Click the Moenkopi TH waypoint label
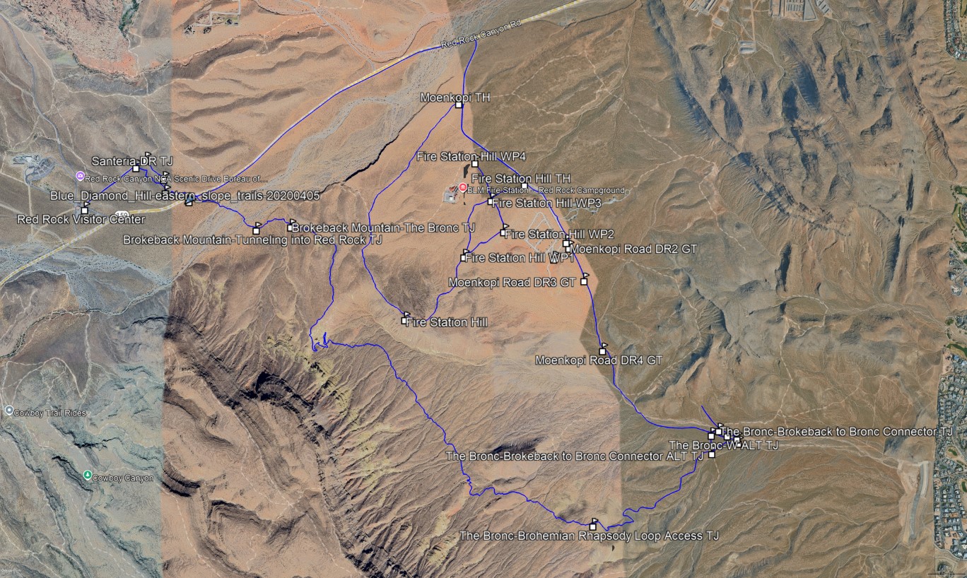pos(455,97)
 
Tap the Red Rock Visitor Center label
pos(81,220)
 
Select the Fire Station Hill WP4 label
pos(472,156)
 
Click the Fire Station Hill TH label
pos(520,179)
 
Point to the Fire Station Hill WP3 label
pos(546,204)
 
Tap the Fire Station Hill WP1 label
pos(518,258)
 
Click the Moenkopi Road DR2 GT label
pos(633,249)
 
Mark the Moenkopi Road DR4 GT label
pos(598,360)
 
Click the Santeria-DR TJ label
pos(132,162)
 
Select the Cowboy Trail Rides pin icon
pos(8,410)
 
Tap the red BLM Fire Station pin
pos(463,188)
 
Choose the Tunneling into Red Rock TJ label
pos(253,240)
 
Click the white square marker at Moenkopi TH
pos(459,105)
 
